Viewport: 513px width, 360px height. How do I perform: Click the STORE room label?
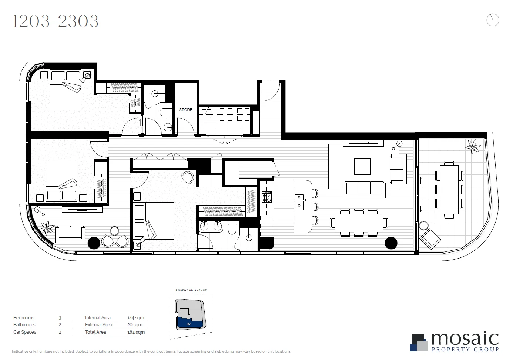185,110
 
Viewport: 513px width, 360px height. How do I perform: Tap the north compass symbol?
493,20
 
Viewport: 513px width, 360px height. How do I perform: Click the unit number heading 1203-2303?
56,21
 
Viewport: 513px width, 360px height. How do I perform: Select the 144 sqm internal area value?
135,318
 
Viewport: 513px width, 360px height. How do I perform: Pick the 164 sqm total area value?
135,332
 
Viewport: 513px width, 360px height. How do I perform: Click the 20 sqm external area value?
135,325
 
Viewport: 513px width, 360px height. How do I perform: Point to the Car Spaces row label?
25,332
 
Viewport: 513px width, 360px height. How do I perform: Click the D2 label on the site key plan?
188,324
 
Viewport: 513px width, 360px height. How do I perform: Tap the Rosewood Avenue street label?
191,290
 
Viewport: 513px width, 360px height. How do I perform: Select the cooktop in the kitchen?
266,197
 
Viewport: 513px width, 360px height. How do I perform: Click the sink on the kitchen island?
299,202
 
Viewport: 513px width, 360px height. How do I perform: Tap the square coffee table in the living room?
362,166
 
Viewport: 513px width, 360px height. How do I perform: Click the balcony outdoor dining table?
449,190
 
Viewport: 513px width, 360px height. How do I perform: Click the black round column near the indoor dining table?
391,243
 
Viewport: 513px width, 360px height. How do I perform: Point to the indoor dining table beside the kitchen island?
359,223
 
